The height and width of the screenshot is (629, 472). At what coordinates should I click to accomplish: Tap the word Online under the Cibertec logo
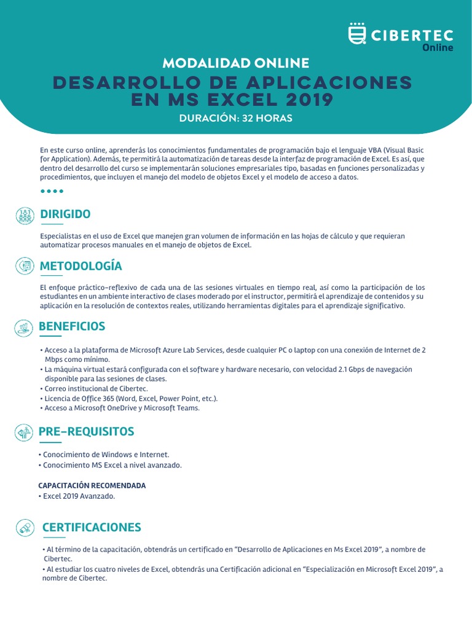[x=438, y=48]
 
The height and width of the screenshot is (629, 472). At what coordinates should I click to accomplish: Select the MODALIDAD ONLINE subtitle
[x=236, y=63]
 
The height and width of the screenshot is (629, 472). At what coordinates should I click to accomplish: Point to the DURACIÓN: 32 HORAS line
[x=236, y=118]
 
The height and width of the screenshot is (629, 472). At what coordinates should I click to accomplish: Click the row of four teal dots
[x=52, y=191]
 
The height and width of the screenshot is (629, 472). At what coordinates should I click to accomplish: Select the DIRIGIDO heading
[x=65, y=214]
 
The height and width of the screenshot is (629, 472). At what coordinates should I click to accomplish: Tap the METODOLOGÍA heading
[x=81, y=266]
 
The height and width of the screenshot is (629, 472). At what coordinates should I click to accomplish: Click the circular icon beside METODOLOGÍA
[x=25, y=266]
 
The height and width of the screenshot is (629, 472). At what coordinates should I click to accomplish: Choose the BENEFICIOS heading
[x=72, y=326]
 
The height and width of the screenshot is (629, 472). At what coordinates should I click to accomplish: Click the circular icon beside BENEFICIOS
[x=25, y=327]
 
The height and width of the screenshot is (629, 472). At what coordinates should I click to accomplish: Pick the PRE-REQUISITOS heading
[x=86, y=432]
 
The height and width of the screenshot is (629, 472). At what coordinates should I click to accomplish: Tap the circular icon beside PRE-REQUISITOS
[x=25, y=433]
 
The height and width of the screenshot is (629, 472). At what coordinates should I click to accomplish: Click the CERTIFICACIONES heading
[x=91, y=527]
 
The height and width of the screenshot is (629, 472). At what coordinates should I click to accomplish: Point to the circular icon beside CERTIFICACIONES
[x=25, y=527]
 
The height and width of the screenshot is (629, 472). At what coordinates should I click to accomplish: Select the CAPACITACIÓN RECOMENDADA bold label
[x=92, y=485]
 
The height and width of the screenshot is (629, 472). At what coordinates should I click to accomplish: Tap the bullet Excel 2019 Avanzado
[x=78, y=496]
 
